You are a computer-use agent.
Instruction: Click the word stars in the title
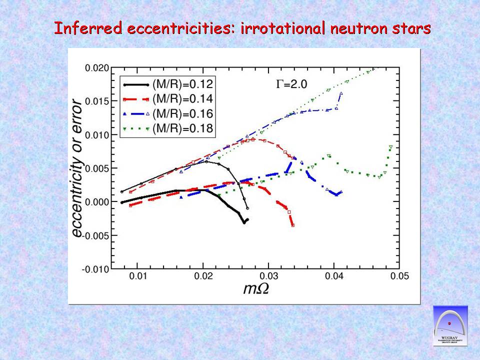coord(413,28)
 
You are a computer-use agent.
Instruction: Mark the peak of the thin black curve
coord(206,161)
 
